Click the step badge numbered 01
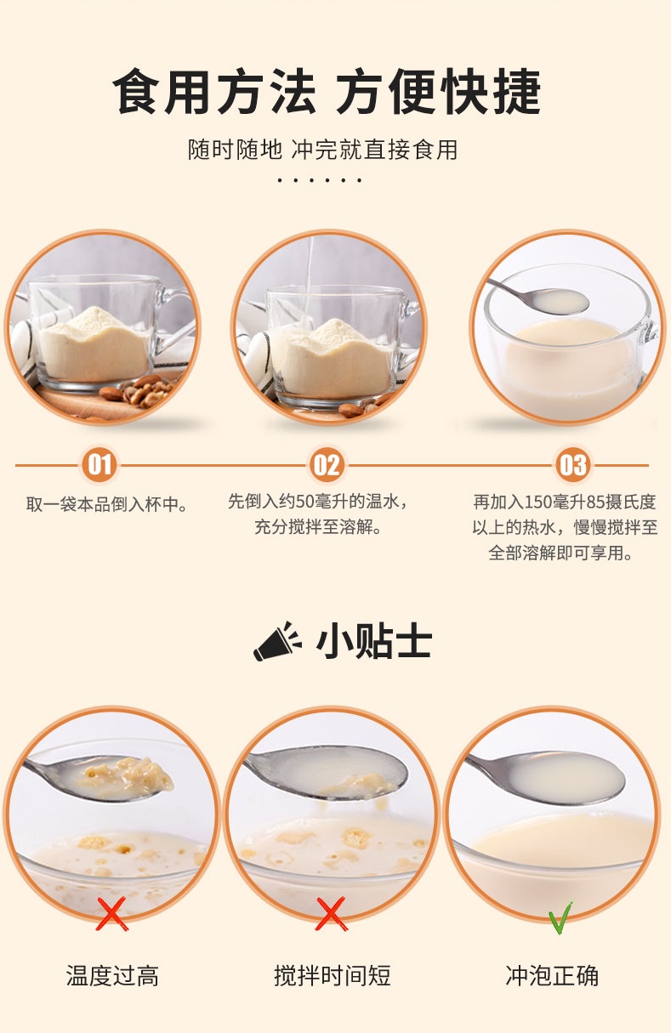(x=100, y=465)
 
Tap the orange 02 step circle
(x=327, y=465)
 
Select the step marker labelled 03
(x=572, y=465)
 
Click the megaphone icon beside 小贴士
(x=277, y=641)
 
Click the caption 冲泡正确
(x=552, y=975)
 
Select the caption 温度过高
(x=112, y=975)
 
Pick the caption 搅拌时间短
(x=332, y=975)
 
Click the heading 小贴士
(x=373, y=641)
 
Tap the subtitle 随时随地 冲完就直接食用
(x=322, y=150)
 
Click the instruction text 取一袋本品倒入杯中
(x=106, y=504)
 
